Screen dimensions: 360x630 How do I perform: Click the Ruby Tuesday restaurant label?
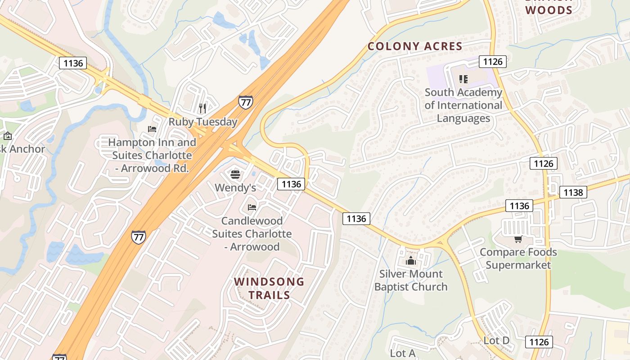203,122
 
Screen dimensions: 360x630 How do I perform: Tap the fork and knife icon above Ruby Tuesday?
202,108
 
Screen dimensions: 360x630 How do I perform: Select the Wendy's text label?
235,188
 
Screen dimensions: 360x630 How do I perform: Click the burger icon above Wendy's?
235,174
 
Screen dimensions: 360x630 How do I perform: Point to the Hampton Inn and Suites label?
152,155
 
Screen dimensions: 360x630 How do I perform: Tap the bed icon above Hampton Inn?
152,129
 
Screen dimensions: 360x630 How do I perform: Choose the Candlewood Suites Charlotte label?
252,234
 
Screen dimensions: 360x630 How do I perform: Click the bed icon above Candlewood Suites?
252,207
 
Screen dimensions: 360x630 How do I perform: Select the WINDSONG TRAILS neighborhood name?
269,288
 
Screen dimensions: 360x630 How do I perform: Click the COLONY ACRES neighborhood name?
415,46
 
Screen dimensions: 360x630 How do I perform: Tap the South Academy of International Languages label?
463,105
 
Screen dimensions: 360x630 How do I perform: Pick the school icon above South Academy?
463,79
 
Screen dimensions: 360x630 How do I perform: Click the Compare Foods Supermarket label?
518,258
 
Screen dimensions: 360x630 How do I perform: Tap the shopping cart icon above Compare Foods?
518,239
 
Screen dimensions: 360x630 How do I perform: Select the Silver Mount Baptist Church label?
411,280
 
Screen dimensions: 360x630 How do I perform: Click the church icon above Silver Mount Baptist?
410,261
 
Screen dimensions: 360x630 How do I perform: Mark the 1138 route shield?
573,193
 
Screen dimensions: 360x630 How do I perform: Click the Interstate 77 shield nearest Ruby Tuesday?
245,102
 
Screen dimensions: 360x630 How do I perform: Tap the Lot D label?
496,341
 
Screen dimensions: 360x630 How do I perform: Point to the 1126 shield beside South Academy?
493,62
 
